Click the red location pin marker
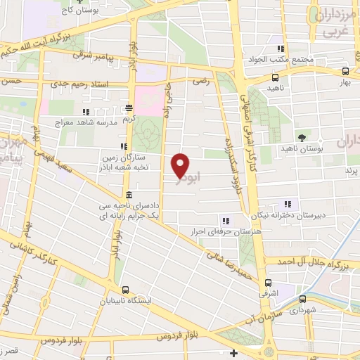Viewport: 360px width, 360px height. pyautogui.click(x=181, y=165)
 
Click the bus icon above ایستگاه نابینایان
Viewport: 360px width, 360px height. pyautogui.click(x=125, y=290)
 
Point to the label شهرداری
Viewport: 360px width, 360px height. pyautogui.click(x=303, y=309)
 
